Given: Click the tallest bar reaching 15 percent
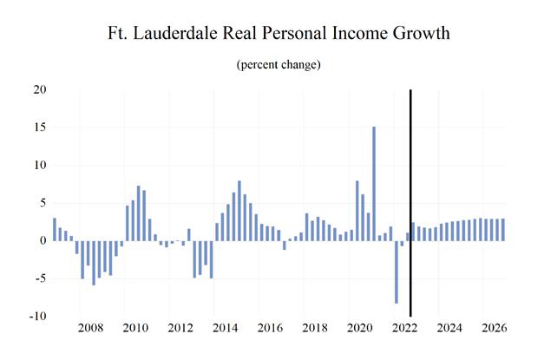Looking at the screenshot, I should click(x=374, y=184).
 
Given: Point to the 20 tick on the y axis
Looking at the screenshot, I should click(x=40, y=89).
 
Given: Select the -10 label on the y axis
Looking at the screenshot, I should click(x=38, y=316).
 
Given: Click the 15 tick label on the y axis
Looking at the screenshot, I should click(x=40, y=127).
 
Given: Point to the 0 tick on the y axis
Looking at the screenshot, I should click(x=43, y=240).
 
